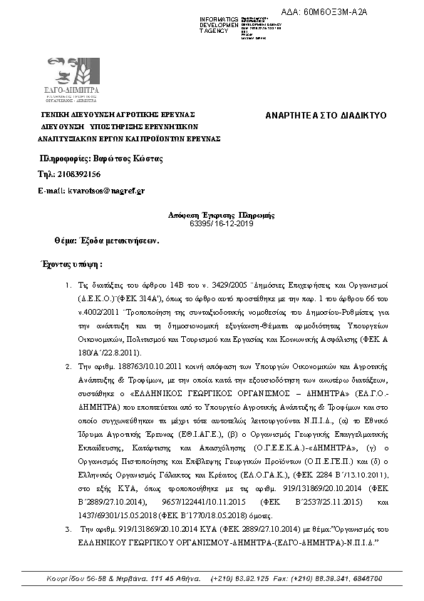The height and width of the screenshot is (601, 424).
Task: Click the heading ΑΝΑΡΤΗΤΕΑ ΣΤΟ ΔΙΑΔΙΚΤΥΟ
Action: point(325,115)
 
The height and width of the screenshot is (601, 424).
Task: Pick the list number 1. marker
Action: point(67,283)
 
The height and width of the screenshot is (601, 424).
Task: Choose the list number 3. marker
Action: point(67,530)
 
